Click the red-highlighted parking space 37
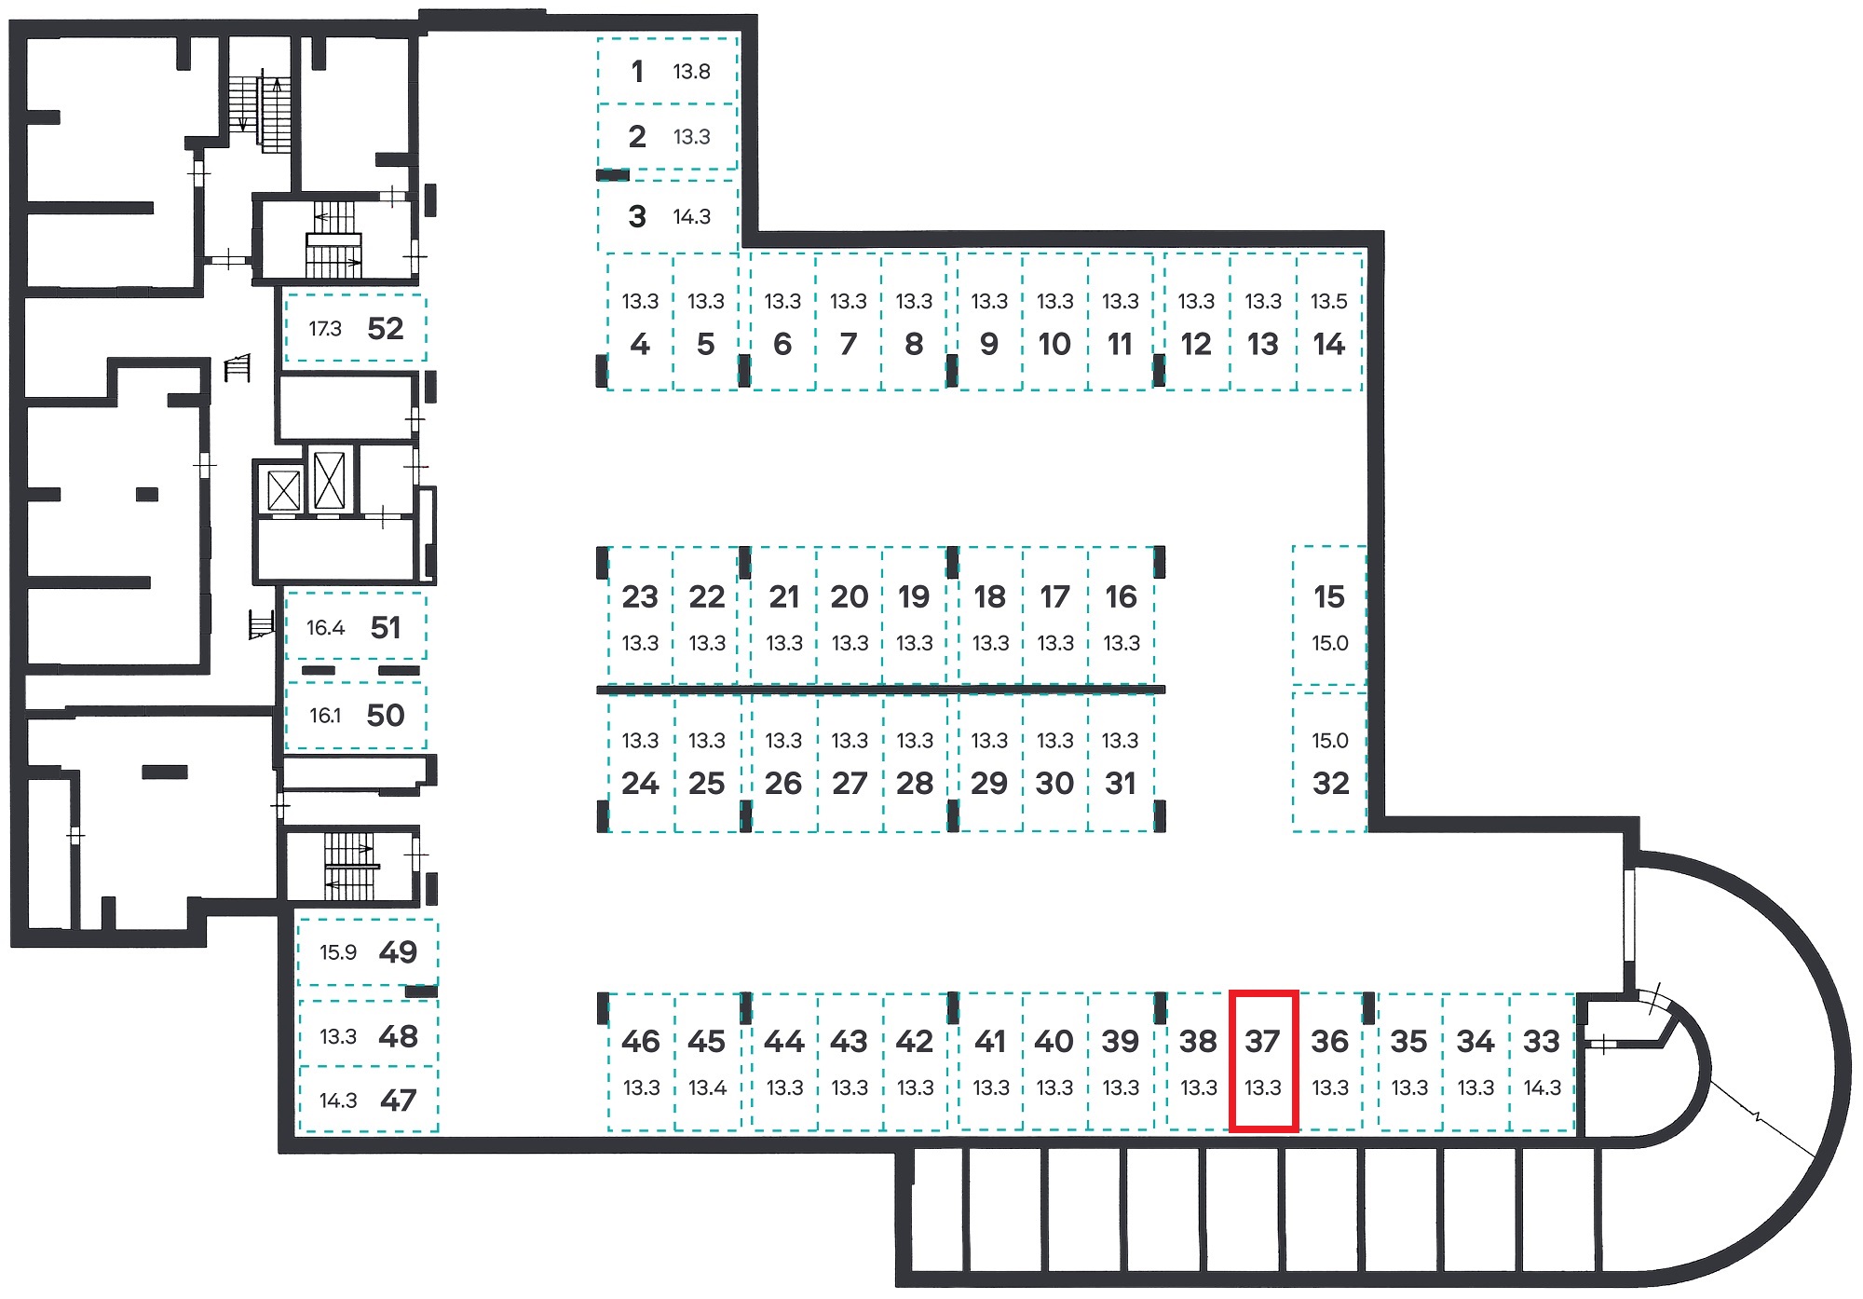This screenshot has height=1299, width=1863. (x=1263, y=1061)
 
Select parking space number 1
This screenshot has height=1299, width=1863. (x=668, y=71)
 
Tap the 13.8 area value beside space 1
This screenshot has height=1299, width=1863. (x=691, y=72)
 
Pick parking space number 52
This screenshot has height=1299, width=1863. (x=356, y=328)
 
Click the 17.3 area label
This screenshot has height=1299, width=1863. (x=325, y=329)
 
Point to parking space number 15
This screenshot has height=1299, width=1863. (x=1329, y=615)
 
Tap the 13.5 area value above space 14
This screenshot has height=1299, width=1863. (x=1329, y=301)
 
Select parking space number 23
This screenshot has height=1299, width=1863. (x=640, y=615)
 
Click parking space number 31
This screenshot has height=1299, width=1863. (x=1121, y=762)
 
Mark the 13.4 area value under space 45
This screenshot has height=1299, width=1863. (x=707, y=1087)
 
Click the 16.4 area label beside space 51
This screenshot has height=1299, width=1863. (x=325, y=628)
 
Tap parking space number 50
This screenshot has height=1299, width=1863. (x=356, y=716)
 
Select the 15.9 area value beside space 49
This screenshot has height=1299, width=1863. (x=338, y=952)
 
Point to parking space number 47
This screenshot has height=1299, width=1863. (x=368, y=1100)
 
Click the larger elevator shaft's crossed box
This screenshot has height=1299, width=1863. (x=330, y=480)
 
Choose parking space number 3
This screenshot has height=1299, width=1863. (x=668, y=216)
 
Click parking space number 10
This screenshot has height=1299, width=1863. (x=1054, y=321)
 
